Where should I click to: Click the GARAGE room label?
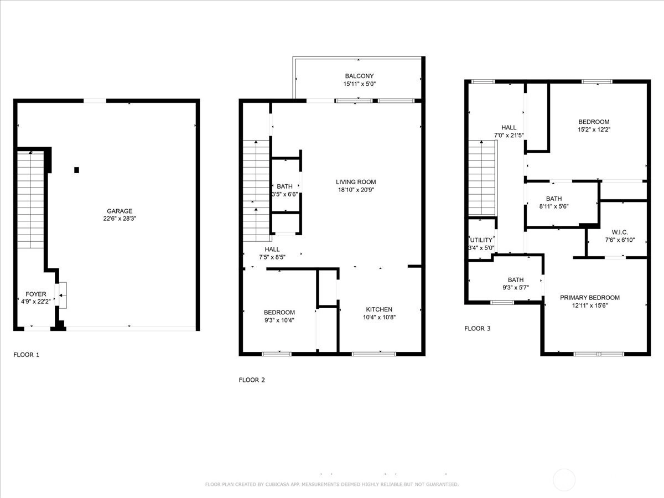click(x=120, y=211)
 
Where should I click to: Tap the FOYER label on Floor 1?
click(x=36, y=294)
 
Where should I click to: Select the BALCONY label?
click(x=359, y=76)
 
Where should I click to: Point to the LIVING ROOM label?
click(x=356, y=181)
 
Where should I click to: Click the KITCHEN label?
click(x=379, y=309)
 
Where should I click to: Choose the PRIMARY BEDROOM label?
click(x=590, y=298)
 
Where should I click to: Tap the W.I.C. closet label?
click(x=620, y=232)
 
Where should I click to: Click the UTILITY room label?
click(x=481, y=240)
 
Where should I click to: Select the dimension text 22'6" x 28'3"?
click(x=120, y=219)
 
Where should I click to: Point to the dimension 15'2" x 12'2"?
click(x=594, y=129)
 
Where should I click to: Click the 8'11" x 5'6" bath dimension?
click(x=554, y=206)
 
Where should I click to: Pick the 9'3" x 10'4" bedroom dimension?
click(x=279, y=320)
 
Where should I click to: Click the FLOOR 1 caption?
click(x=27, y=355)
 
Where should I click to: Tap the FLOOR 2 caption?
click(x=252, y=380)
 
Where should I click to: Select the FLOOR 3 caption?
click(x=478, y=328)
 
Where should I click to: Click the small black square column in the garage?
click(x=76, y=170)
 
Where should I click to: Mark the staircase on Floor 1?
click(x=30, y=200)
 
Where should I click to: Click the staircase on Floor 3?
click(x=482, y=178)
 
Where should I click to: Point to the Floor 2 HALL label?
click(x=272, y=250)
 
